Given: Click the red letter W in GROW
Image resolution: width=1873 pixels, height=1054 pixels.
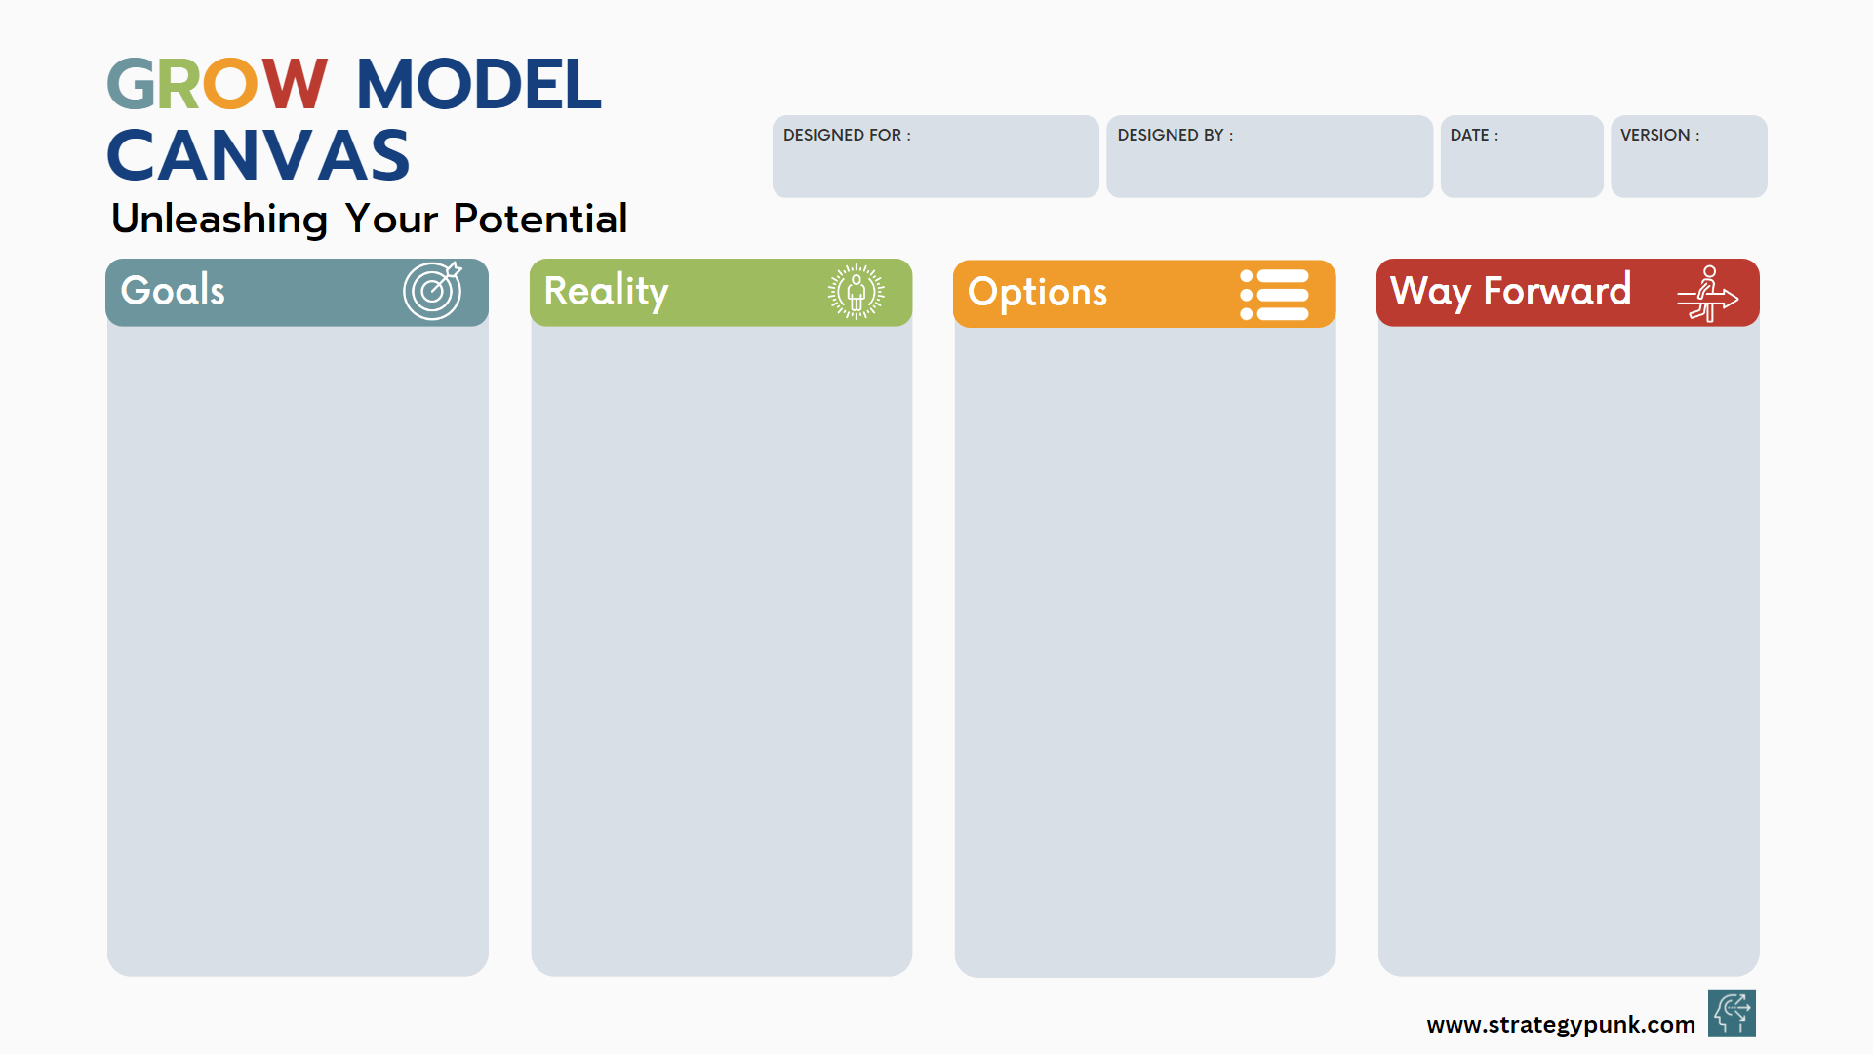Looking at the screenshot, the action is [294, 84].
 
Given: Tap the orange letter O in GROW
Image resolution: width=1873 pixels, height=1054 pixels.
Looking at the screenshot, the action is [230, 84].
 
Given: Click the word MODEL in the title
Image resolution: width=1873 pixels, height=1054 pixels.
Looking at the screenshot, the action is [478, 84].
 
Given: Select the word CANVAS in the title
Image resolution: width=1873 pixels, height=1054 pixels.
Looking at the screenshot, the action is [259, 156].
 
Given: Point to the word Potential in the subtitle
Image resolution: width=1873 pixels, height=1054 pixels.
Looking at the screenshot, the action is [539, 219].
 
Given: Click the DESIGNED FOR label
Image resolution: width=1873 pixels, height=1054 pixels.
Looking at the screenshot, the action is [847, 135].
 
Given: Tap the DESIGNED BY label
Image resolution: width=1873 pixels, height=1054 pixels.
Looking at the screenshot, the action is [1176, 135].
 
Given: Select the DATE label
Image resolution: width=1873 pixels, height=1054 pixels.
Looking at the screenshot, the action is [1474, 135].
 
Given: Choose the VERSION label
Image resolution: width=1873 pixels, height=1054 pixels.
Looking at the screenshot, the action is [1659, 135].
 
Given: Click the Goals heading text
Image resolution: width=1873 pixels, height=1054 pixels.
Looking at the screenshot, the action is [173, 291].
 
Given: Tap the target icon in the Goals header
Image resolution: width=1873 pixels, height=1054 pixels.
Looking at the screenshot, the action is [433, 290].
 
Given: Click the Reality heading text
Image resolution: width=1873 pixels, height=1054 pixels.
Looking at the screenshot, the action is [606, 292].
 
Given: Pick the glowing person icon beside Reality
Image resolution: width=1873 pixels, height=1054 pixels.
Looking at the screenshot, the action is [857, 291].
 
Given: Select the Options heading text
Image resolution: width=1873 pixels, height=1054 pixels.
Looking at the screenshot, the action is [1038, 293].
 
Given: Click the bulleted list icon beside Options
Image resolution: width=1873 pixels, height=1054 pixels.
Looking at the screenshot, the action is [1274, 295].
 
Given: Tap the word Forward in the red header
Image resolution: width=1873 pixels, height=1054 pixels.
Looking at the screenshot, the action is [1557, 290].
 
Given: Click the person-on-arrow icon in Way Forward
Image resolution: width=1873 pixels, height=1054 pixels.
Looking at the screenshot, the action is [1707, 293].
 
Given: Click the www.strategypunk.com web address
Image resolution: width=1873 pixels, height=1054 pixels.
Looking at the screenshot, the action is [1561, 1025].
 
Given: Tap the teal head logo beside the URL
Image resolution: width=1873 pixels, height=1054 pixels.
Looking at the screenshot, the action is [1732, 1013].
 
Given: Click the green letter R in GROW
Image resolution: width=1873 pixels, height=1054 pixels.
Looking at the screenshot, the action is [179, 84].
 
